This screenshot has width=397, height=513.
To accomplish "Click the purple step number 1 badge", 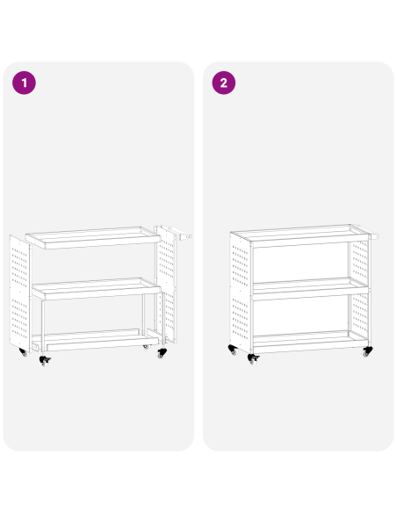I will click(x=25, y=83).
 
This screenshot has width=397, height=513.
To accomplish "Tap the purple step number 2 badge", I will click(x=224, y=83).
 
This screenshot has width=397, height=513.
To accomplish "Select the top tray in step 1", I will click(x=93, y=236).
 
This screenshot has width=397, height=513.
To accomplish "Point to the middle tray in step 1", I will click(x=97, y=288).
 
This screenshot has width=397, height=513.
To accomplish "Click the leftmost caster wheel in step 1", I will click(x=23, y=353).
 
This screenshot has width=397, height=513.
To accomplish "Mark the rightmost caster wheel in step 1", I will click(x=161, y=354).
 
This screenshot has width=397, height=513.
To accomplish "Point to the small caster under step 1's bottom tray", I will click(x=146, y=347).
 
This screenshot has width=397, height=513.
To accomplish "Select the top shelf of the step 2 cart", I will click(x=299, y=234).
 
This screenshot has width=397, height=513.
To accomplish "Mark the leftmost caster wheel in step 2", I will click(x=233, y=350).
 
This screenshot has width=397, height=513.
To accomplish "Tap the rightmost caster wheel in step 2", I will click(x=367, y=352).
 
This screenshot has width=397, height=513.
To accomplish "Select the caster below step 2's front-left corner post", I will click(x=253, y=359).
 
